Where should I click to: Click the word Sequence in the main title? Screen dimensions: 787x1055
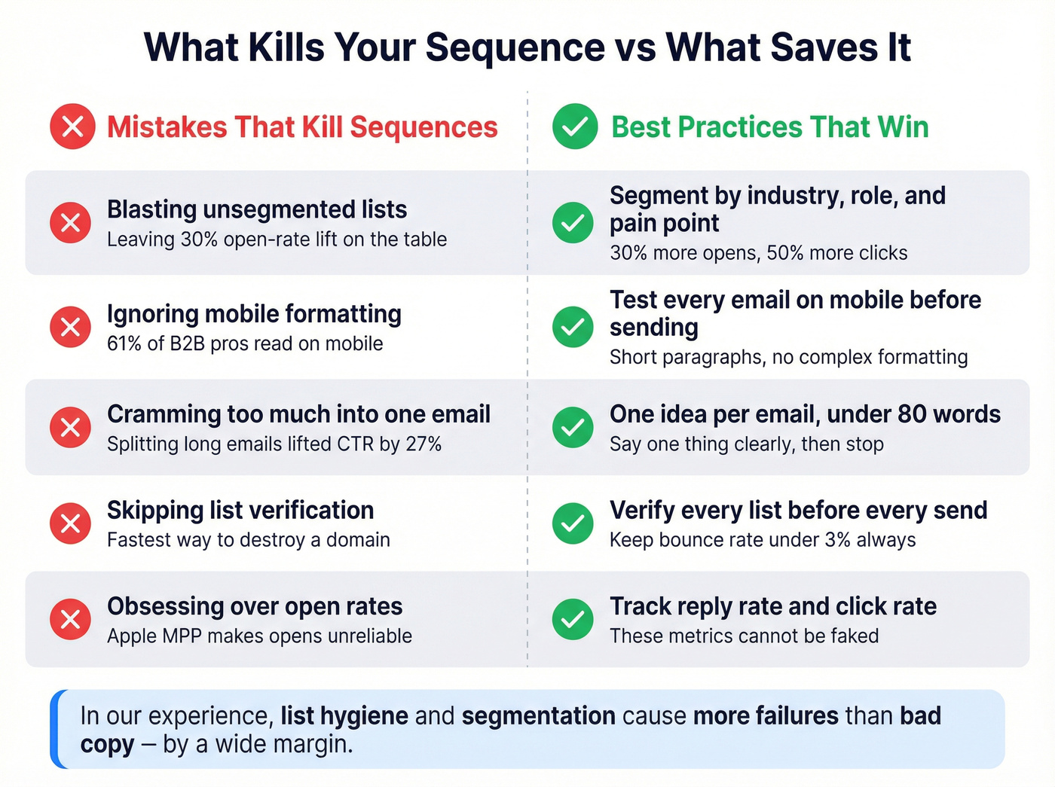tap(515, 47)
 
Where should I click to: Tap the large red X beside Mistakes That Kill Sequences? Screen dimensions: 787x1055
tap(72, 127)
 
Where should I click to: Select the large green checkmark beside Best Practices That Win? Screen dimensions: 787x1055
tap(575, 127)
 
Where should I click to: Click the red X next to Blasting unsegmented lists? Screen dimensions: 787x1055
tap(71, 223)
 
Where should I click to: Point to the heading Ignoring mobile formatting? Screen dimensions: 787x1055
tap(254, 313)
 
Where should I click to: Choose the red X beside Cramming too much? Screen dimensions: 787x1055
tap(71, 428)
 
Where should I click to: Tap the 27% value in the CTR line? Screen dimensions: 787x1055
tap(424, 444)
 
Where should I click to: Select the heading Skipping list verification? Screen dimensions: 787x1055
tap(240, 510)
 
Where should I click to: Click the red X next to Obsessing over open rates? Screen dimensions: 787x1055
tap(71, 619)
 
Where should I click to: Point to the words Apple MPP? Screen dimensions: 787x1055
tap(154, 636)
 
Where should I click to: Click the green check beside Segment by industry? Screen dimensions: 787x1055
tap(573, 223)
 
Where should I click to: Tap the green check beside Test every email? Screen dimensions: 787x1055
tap(573, 327)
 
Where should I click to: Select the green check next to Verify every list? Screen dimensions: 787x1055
tap(573, 523)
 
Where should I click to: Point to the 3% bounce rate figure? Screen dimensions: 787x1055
tap(838, 540)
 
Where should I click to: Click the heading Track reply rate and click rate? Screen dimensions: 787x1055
tap(773, 606)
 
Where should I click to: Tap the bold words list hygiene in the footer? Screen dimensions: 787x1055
tap(344, 715)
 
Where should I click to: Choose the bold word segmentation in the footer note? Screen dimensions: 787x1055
tap(539, 715)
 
